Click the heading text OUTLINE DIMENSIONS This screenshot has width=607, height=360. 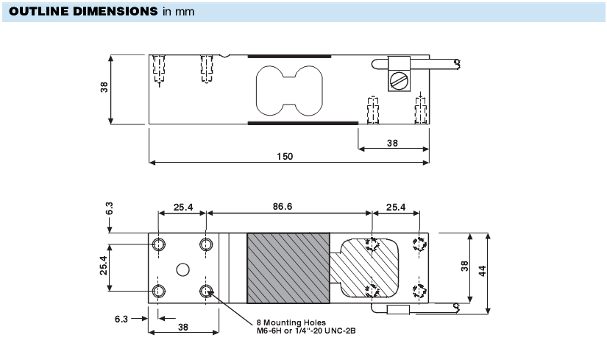[82, 12]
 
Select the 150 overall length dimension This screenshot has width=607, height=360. [285, 156]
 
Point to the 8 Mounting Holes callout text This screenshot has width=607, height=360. [292, 322]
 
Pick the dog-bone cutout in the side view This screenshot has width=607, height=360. [288, 91]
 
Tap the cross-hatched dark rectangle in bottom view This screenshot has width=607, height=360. [288, 268]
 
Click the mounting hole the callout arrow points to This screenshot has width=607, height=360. [207, 291]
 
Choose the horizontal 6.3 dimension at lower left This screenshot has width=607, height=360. [122, 319]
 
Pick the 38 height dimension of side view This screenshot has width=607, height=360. [104, 87]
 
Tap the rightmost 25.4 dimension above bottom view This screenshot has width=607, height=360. [397, 207]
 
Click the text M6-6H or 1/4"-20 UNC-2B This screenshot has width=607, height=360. [306, 330]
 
